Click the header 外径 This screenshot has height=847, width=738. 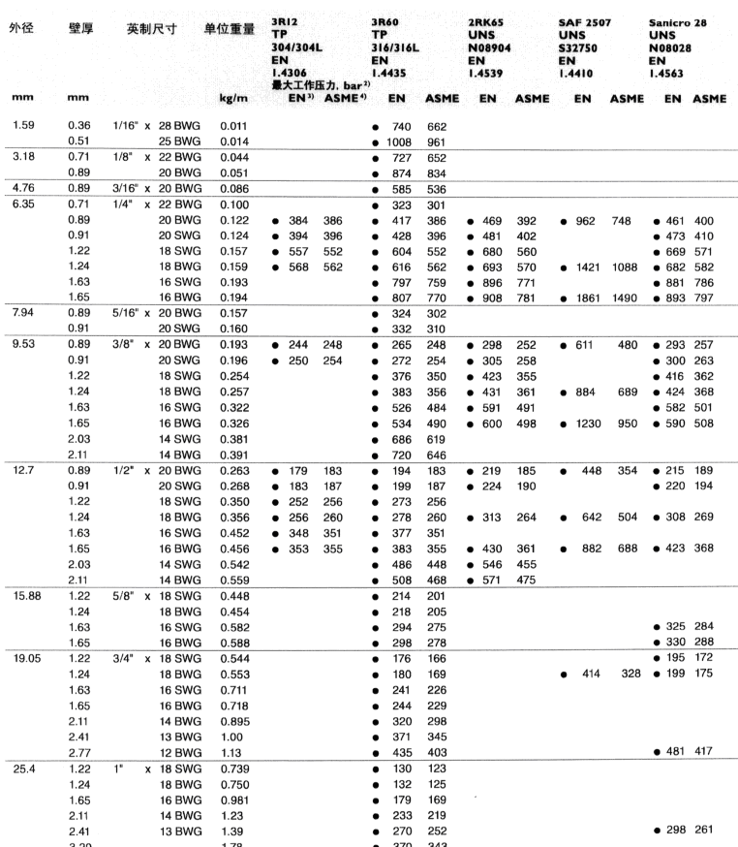[x=22, y=21]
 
